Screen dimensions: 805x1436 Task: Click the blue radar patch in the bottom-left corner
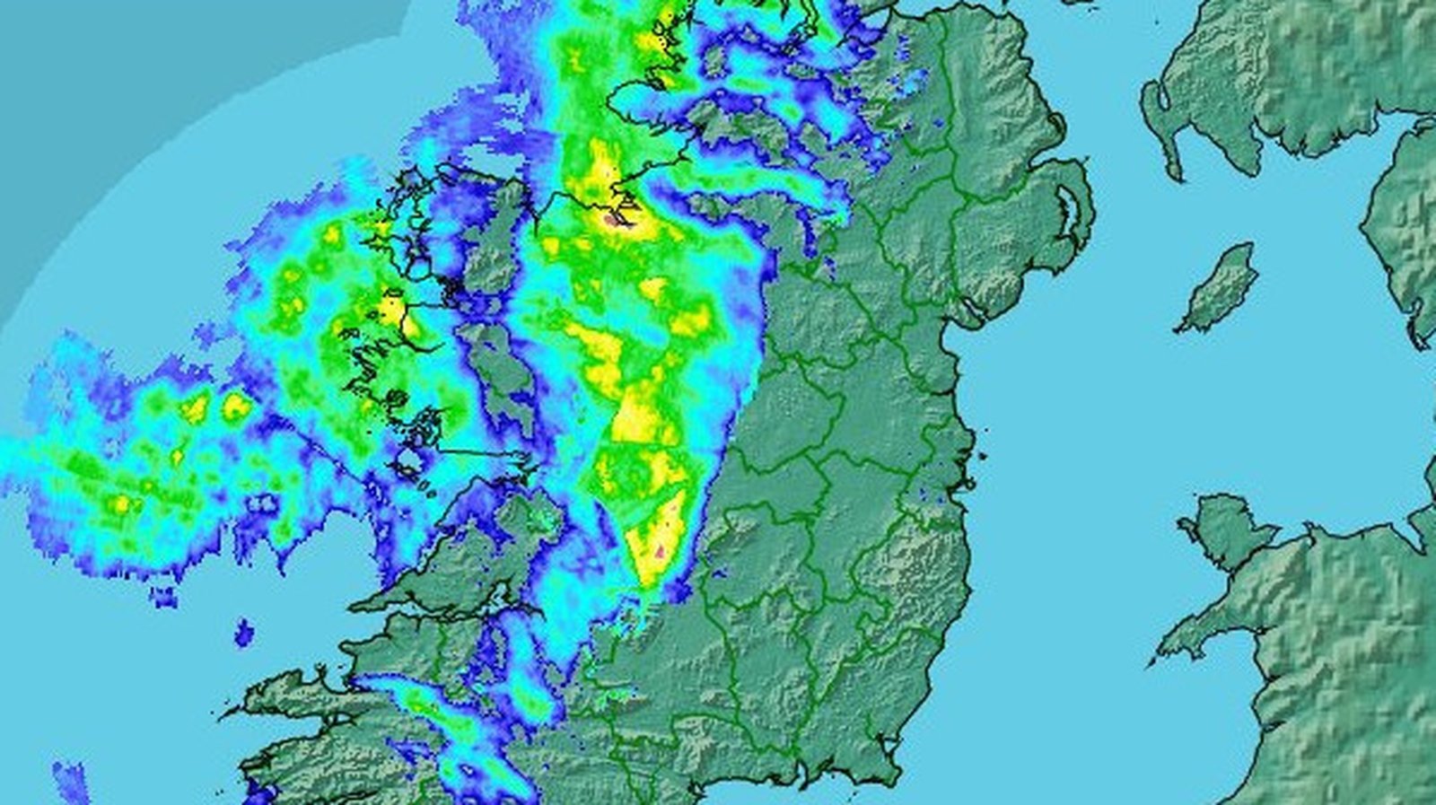(x=72, y=781)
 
